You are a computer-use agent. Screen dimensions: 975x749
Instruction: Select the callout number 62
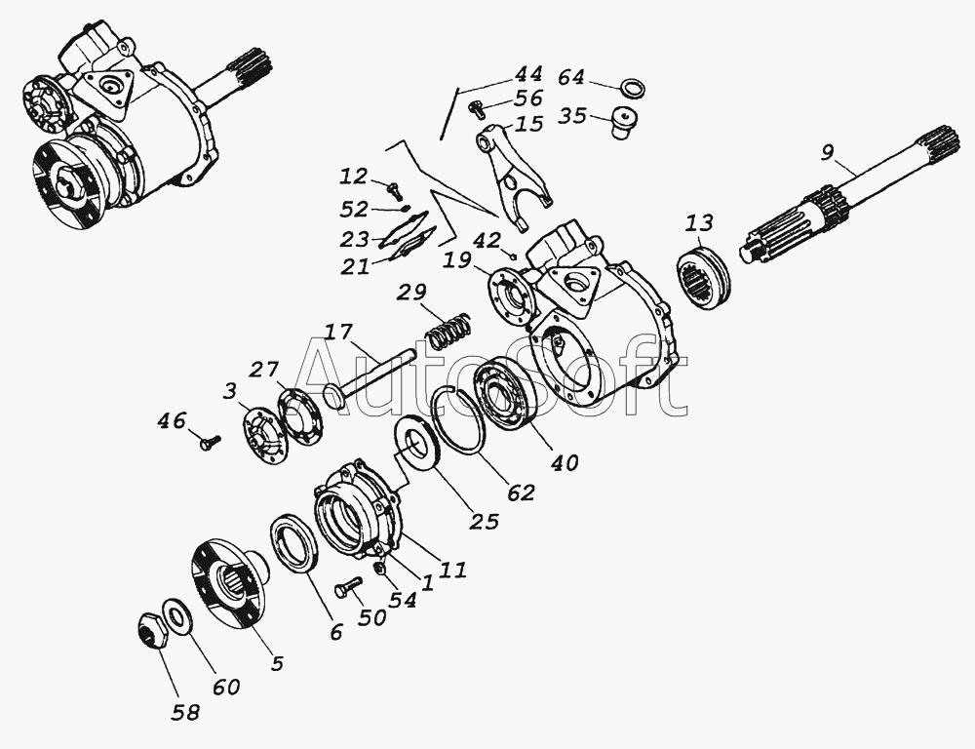click(x=521, y=492)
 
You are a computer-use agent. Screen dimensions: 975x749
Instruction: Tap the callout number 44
click(x=528, y=74)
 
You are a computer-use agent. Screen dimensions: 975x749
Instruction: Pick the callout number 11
click(x=451, y=570)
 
